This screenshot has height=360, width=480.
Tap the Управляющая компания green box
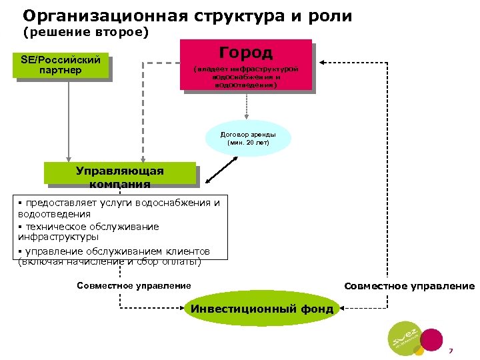120,173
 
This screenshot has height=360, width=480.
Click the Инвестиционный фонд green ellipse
262,308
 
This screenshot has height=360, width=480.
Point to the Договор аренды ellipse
248,138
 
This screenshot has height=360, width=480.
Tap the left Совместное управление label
134,286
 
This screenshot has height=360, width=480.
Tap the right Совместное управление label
409,286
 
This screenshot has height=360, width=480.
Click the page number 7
451,351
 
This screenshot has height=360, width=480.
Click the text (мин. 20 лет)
248,143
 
